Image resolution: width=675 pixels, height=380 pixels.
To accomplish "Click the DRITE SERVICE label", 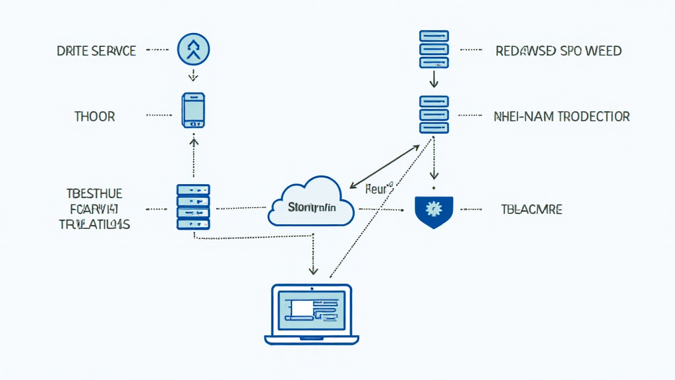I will [96, 50].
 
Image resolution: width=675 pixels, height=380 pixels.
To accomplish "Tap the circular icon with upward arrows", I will [193, 49].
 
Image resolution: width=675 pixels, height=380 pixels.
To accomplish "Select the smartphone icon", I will [193, 110].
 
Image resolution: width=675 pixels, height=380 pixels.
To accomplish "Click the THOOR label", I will [95, 117].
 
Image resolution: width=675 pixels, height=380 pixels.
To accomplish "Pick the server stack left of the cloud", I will [193, 207].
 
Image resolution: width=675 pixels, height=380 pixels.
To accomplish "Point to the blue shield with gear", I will [433, 210].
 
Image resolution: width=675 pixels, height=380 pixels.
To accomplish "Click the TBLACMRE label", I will [531, 210].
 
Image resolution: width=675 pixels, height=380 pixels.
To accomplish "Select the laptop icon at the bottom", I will [311, 314].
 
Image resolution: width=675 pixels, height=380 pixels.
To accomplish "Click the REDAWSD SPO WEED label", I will [558, 51].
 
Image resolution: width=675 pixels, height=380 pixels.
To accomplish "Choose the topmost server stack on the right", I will [434, 49].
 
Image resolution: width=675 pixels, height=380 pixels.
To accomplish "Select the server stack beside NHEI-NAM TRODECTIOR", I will [434, 115].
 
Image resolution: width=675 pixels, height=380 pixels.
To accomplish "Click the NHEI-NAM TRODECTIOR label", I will [562, 117].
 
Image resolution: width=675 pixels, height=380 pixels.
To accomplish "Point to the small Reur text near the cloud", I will [378, 189].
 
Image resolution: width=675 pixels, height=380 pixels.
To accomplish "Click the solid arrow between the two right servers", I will [434, 80].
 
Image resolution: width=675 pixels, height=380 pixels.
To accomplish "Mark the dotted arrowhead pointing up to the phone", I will [193, 140].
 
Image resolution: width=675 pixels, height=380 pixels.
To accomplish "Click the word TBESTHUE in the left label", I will [94, 193].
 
